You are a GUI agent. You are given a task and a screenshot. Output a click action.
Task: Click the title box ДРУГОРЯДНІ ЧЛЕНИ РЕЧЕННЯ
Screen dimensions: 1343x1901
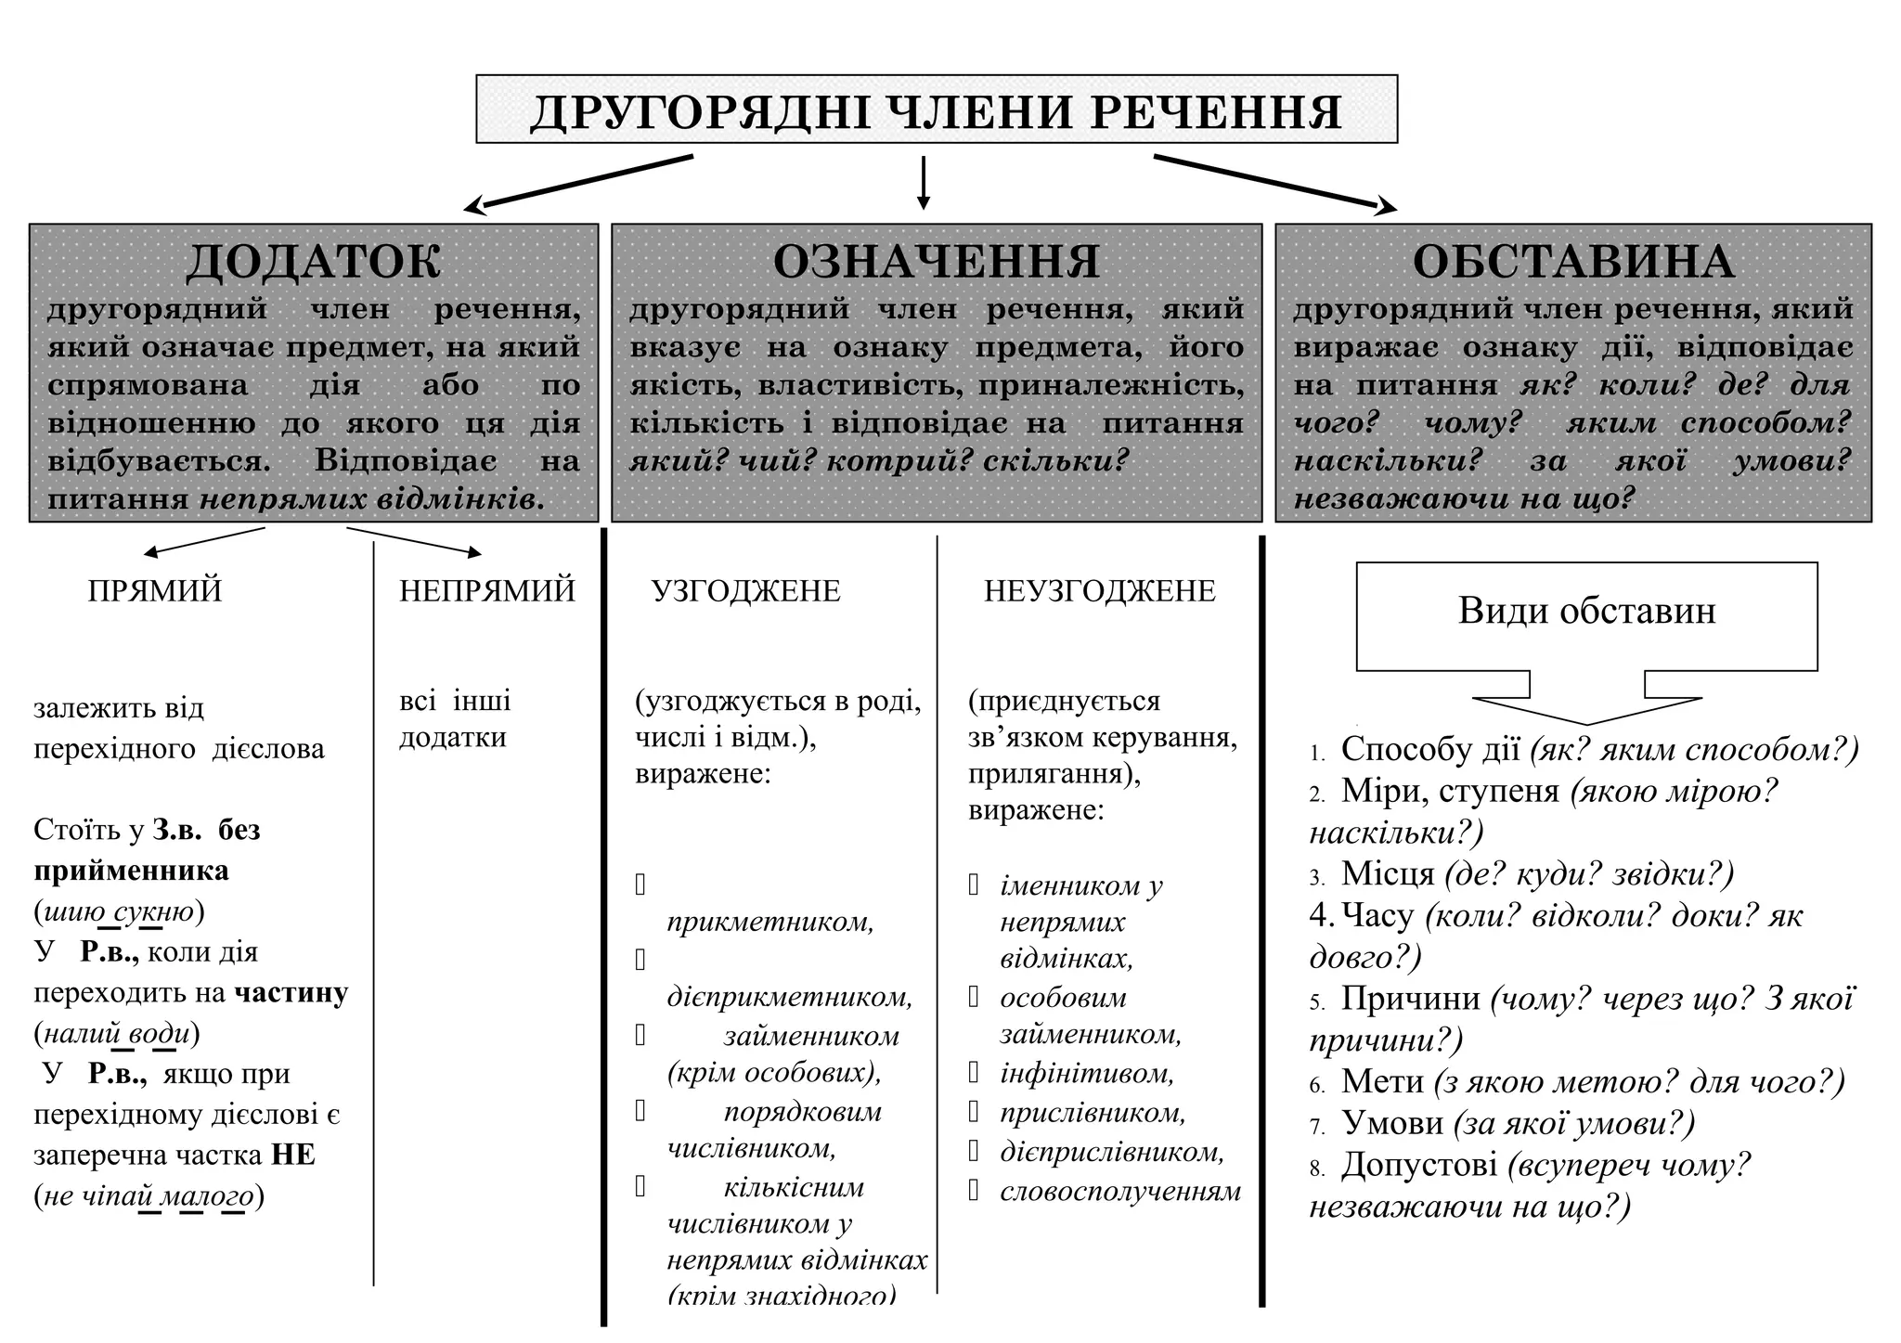936,110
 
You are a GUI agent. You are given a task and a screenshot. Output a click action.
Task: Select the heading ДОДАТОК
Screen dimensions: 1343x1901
314,261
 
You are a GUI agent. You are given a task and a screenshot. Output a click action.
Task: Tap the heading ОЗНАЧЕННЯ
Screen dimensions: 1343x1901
936,261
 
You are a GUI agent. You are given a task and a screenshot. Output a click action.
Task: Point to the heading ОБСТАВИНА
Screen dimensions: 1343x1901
1572,261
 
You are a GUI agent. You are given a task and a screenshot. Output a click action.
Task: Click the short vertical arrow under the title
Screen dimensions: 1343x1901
923,183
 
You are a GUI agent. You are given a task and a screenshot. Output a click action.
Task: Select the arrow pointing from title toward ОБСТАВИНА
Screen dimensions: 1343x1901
1275,182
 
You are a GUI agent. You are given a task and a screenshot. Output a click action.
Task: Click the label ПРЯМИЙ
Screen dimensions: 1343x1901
155,591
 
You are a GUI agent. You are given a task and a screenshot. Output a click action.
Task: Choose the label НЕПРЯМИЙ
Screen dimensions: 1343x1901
487,591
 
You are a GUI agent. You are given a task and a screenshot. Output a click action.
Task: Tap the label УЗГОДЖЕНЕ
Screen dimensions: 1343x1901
746,591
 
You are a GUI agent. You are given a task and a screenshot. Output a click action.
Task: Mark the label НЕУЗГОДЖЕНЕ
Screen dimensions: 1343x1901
1100,591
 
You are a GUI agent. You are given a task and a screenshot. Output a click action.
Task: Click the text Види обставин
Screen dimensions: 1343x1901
1586,611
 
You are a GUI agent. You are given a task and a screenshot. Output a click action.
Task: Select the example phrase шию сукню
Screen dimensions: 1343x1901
119,911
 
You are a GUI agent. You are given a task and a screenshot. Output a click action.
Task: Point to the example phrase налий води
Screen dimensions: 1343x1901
117,1033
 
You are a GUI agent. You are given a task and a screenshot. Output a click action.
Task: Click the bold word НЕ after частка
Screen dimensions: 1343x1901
293,1156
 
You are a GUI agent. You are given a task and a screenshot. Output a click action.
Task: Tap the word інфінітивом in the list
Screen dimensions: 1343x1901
1087,1074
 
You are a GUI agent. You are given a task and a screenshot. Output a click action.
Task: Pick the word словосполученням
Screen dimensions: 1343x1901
1120,1192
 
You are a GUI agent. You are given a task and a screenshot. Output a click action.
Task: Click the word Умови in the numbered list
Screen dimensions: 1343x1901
1392,1123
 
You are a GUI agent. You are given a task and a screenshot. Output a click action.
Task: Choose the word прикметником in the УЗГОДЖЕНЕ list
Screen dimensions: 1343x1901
770,922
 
